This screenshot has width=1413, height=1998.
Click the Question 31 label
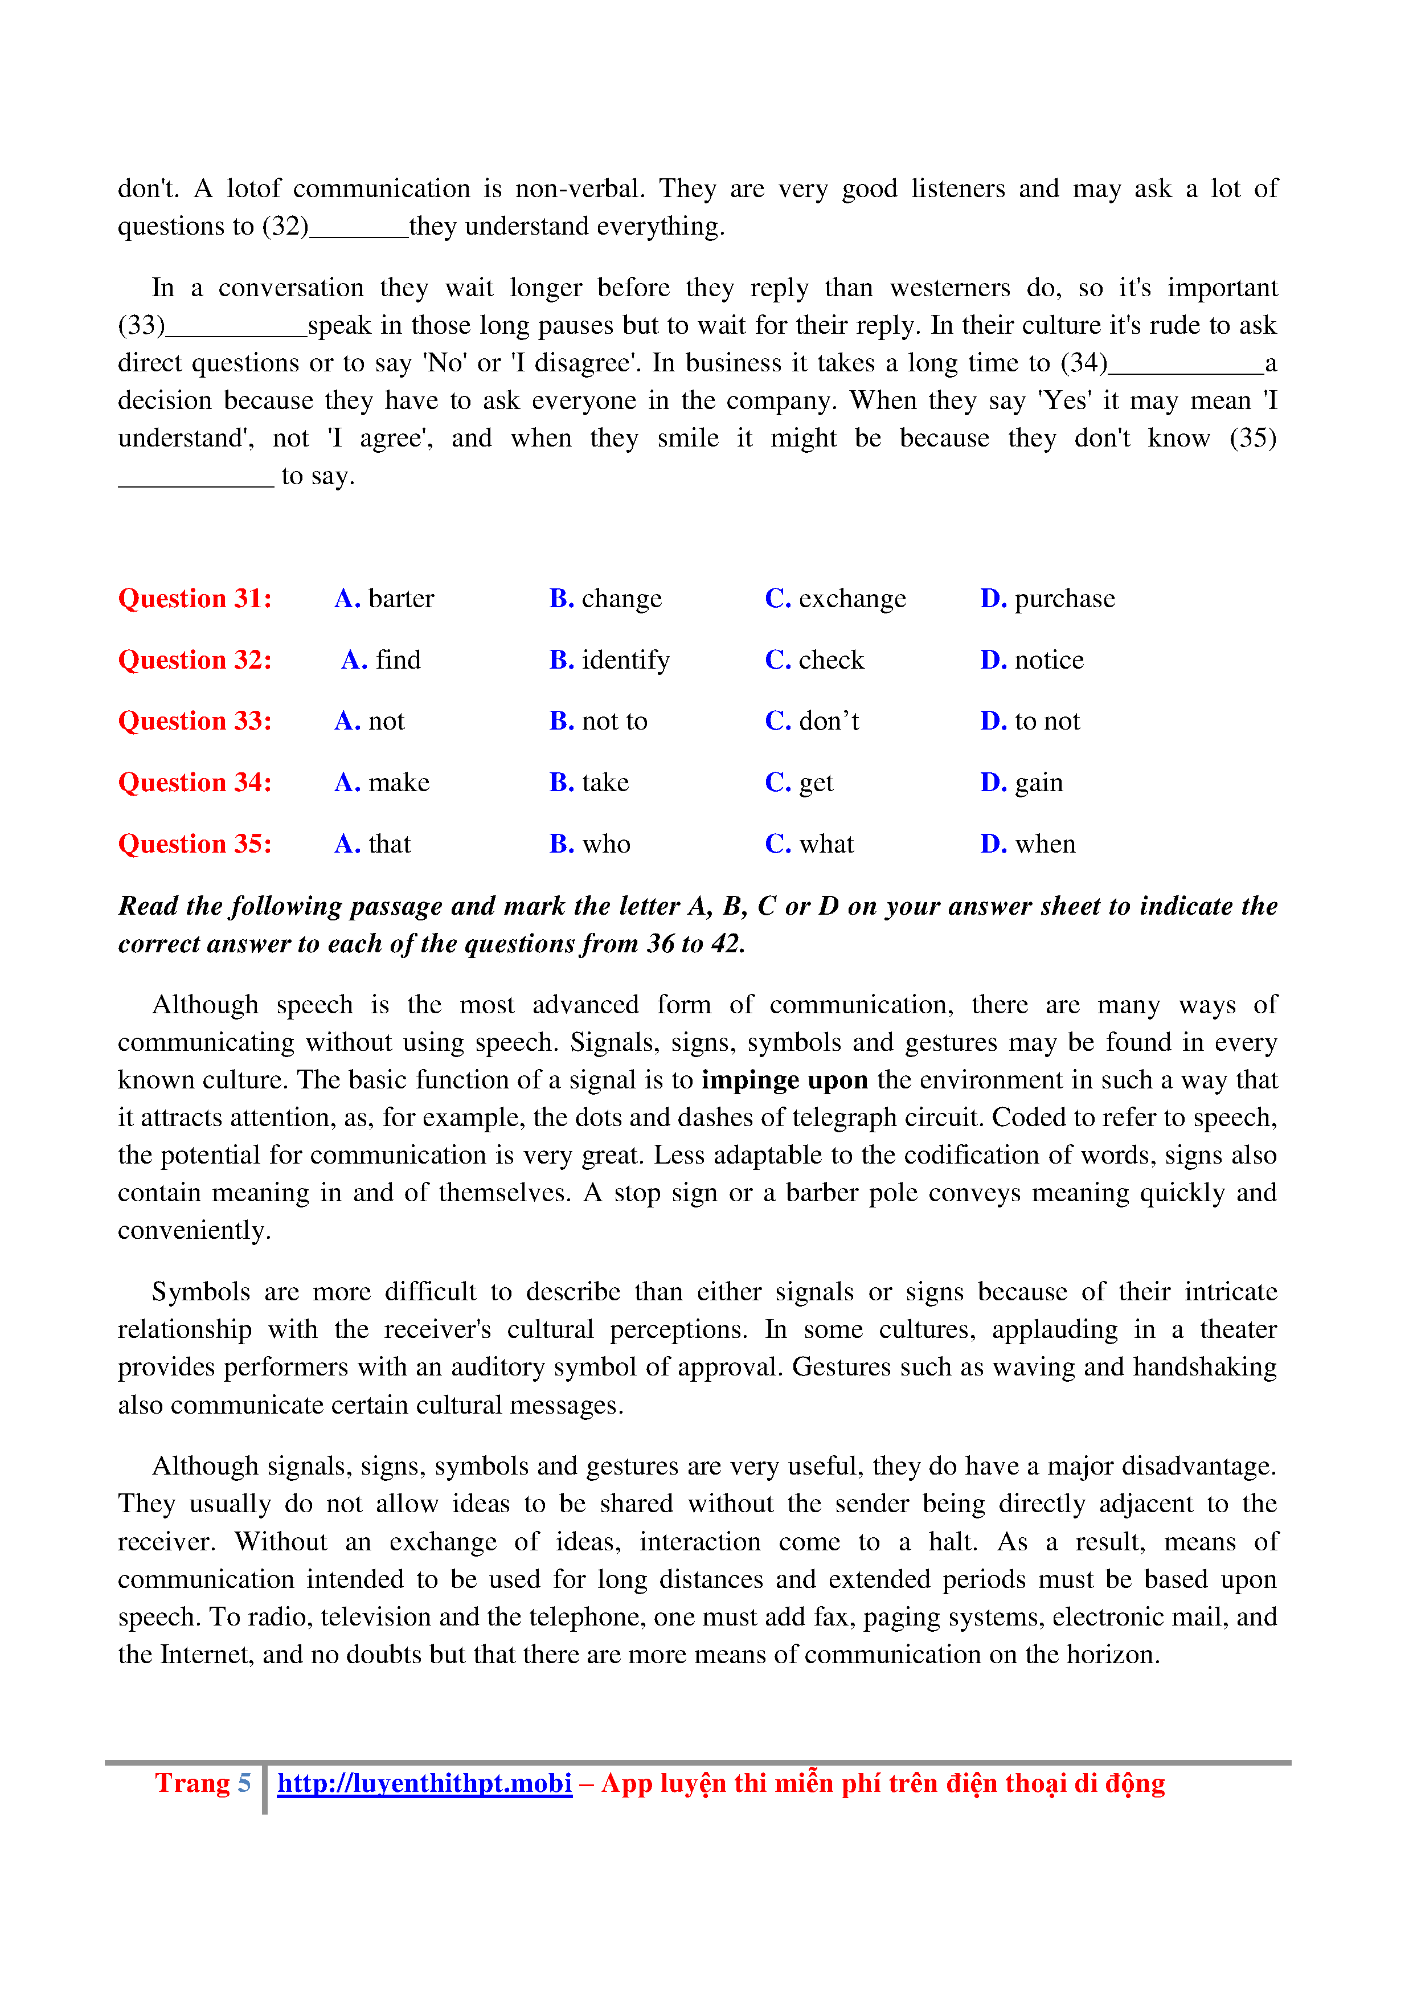(195, 599)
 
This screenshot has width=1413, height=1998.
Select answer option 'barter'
(384, 599)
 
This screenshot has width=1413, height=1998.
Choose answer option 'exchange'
(835, 599)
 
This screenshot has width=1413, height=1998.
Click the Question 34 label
(195, 783)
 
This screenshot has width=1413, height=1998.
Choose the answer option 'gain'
(1022, 783)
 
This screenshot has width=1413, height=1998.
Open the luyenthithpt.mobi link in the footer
(425, 1783)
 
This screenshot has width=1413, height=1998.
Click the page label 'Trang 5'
(203, 1783)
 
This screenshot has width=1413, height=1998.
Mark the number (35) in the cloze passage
(1252, 438)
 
